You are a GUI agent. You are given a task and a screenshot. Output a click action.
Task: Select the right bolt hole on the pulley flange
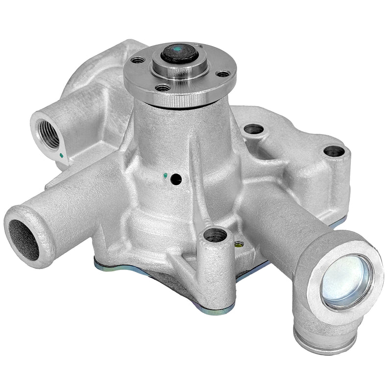[x=223, y=74]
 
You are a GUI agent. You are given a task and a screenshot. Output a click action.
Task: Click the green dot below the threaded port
[x=61, y=156]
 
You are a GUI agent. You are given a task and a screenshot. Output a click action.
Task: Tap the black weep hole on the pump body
[x=176, y=180]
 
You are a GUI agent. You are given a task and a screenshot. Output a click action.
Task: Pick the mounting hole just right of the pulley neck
[x=253, y=129]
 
